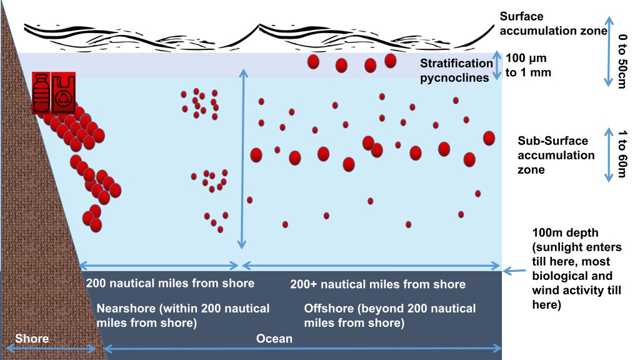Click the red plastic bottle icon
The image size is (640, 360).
[x=41, y=92]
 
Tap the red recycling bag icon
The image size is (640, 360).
[x=63, y=92]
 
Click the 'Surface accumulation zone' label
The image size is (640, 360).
[x=554, y=23]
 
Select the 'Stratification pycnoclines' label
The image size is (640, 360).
[x=456, y=70]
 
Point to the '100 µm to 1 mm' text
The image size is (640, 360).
[x=528, y=65]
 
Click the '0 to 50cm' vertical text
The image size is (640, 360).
[x=622, y=61]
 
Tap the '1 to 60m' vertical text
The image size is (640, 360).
[x=622, y=154]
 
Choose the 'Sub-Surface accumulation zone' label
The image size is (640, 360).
[x=556, y=155]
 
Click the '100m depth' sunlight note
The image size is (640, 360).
[x=577, y=269]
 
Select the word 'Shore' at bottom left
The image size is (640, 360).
[x=32, y=338]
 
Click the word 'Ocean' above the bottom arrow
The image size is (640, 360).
[x=274, y=338]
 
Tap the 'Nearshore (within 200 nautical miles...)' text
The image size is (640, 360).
[x=183, y=316]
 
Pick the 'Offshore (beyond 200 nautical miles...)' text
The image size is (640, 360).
[x=390, y=316]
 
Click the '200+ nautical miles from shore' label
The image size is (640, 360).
[x=378, y=284]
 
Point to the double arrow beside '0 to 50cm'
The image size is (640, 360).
[x=609, y=52]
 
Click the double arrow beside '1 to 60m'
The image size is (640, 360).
[x=609, y=155]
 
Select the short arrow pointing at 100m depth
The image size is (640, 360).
[x=514, y=271]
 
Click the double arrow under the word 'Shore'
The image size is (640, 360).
[x=50, y=349]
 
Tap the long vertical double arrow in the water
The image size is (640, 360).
[x=243, y=159]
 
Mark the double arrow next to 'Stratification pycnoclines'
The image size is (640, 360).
[x=497, y=65]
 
